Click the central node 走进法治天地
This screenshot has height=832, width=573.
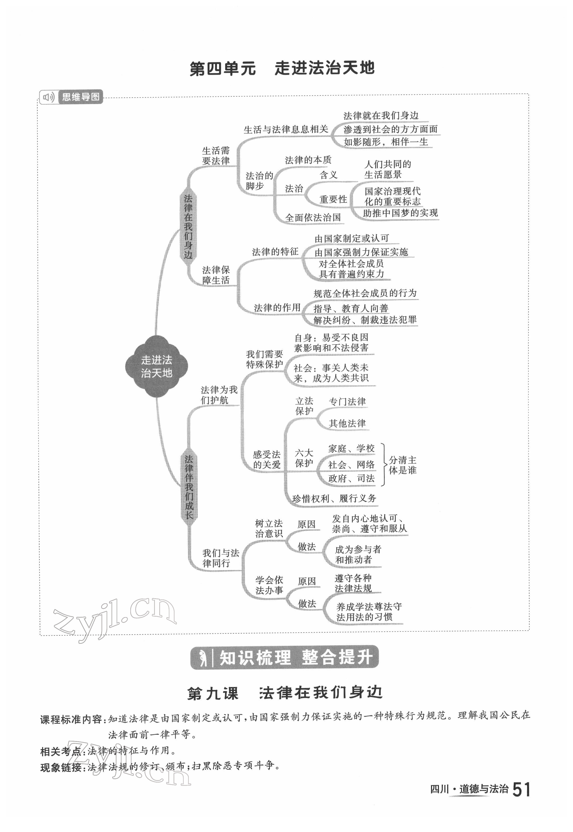coord(156,366)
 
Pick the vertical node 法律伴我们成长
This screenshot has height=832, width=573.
coord(189,487)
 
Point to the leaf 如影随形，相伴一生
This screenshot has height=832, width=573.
coord(386,142)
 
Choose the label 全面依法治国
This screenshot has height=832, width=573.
coord(313,218)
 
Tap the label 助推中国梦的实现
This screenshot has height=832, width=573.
coord(400,213)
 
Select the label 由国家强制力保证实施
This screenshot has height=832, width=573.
coord(361,252)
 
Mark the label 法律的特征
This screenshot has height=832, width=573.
coord(275,252)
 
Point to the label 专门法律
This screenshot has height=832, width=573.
coord(347,401)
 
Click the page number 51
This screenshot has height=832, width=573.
coord(521,790)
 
